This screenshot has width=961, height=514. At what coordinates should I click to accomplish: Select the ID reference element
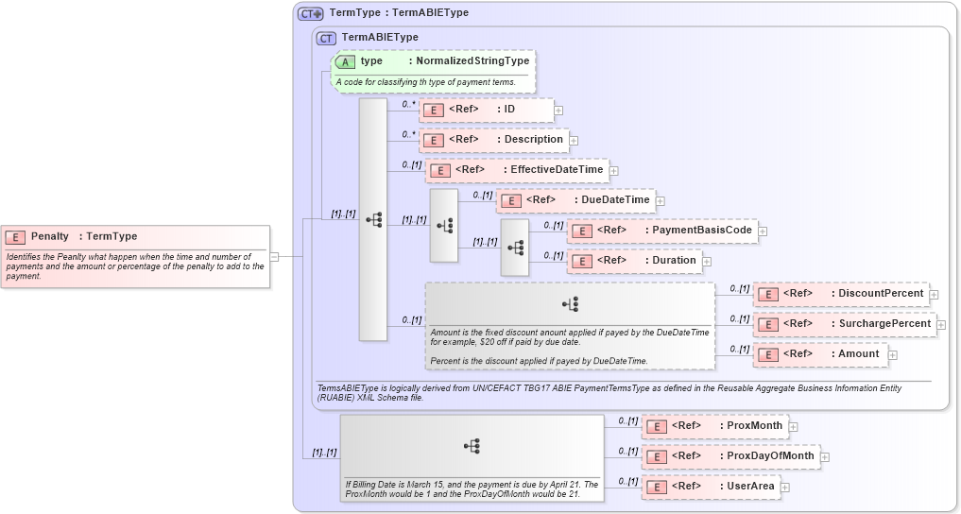tap(486, 110)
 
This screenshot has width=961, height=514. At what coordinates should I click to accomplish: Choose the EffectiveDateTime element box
tap(517, 170)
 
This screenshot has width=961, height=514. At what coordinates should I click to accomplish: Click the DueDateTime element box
tap(575, 200)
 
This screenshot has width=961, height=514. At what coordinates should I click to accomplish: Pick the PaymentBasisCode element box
tap(662, 231)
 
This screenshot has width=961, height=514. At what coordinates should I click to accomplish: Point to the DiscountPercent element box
tap(840, 294)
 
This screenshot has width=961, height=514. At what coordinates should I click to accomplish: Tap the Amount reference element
tap(819, 354)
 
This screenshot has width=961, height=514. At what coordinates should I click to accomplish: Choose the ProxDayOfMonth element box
tap(729, 456)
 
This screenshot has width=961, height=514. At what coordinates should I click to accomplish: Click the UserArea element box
tap(710, 487)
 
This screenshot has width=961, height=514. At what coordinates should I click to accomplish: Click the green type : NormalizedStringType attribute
tap(434, 61)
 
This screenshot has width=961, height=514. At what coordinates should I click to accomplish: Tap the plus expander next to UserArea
tap(784, 488)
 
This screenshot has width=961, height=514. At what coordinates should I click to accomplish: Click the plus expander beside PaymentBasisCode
tap(763, 231)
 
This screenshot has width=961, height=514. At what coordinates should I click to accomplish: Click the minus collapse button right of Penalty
tap(274, 255)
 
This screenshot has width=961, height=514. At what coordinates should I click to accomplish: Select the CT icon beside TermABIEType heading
tap(327, 38)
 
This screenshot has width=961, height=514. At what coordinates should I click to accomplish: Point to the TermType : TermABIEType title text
tap(398, 13)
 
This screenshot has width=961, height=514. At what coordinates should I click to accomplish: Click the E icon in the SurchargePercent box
tap(768, 324)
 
